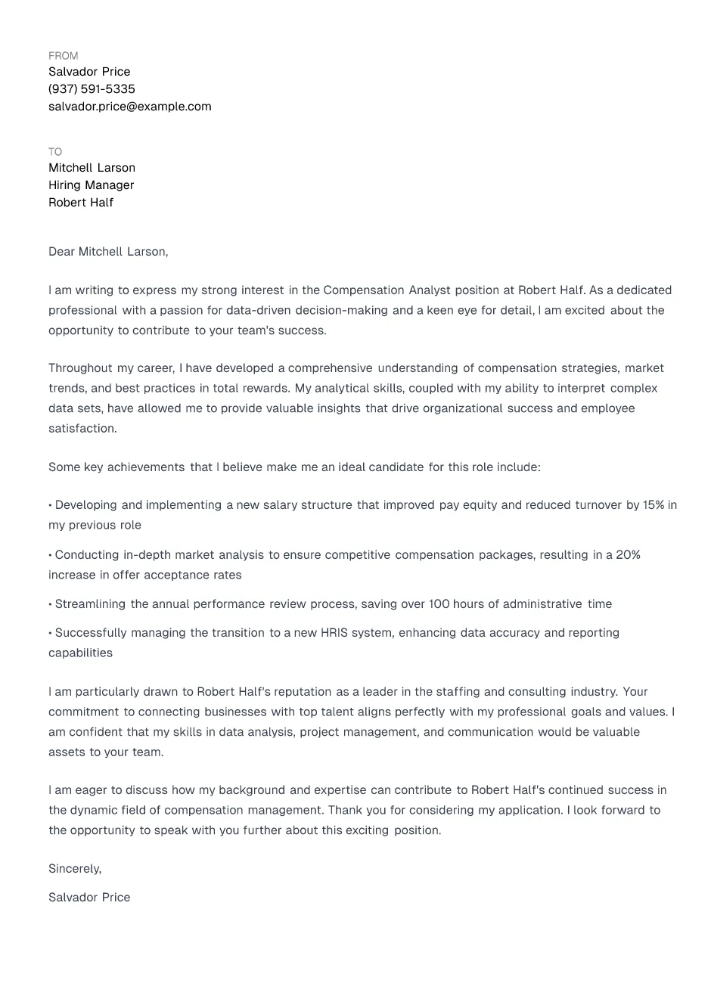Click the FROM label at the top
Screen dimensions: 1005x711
pyautogui.click(x=63, y=56)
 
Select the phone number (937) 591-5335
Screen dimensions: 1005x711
pyautogui.click(x=92, y=89)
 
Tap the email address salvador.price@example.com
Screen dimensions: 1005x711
pyautogui.click(x=129, y=107)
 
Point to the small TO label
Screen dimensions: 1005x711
pyautogui.click(x=55, y=152)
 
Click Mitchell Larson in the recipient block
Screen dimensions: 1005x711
pyautogui.click(x=92, y=168)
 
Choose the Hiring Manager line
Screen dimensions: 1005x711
pyautogui.click(x=91, y=185)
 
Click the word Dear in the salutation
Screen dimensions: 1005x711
pyautogui.click(x=61, y=252)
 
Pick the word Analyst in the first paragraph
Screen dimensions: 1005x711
pyautogui.click(x=430, y=290)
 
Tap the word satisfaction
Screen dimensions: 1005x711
pyautogui.click(x=82, y=429)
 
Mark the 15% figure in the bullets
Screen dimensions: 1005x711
pyautogui.click(x=654, y=505)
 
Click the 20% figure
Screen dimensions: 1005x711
pyautogui.click(x=628, y=555)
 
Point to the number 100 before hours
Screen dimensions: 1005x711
pyautogui.click(x=439, y=604)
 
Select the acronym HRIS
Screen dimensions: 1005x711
pyautogui.click(x=335, y=633)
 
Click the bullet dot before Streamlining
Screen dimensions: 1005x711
pyautogui.click(x=50, y=604)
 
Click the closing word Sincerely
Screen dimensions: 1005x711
pyautogui.click(x=74, y=869)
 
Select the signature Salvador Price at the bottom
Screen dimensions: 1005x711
pyautogui.click(x=89, y=898)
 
